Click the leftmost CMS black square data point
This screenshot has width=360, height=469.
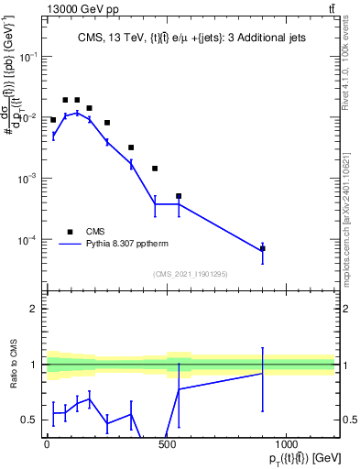coord(53,120)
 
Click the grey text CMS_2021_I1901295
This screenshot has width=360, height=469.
coord(191,275)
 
